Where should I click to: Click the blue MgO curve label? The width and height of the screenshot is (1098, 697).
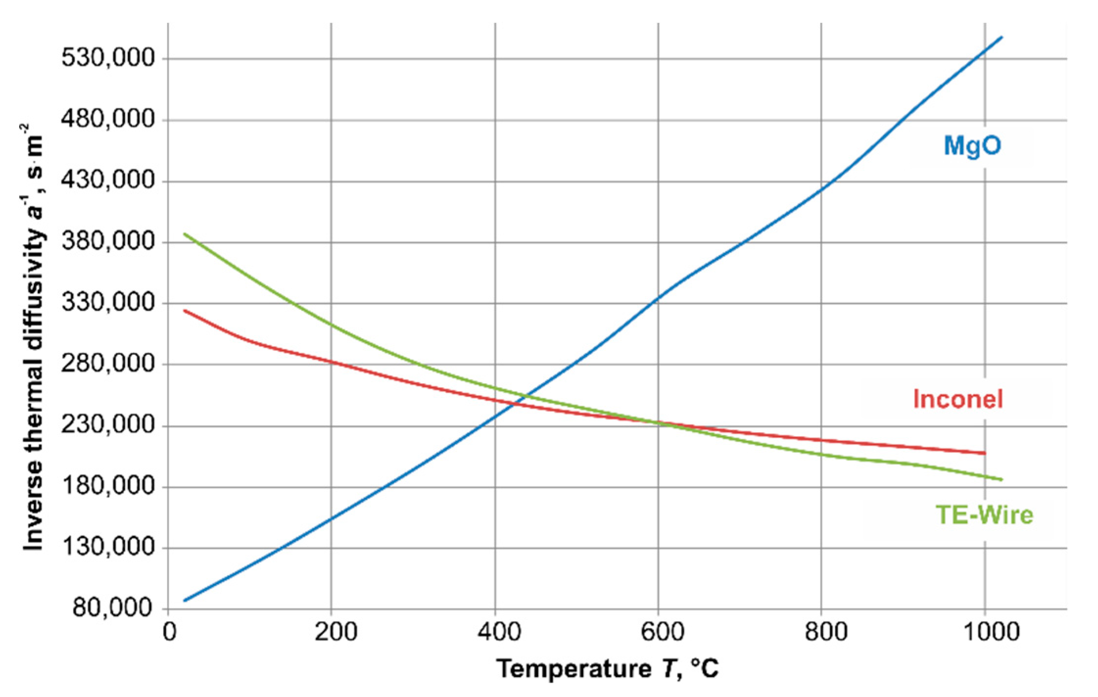tap(972, 146)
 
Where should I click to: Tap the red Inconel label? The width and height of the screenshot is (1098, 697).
tap(958, 399)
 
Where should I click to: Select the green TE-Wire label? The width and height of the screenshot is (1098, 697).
tap(984, 515)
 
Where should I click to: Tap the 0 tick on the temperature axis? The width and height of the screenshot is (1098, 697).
tap(169, 632)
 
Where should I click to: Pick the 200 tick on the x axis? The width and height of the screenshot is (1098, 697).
tap(335, 632)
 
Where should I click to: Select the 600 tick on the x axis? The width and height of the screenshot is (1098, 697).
tap(662, 632)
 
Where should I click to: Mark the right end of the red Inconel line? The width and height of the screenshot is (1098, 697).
tap(984, 453)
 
